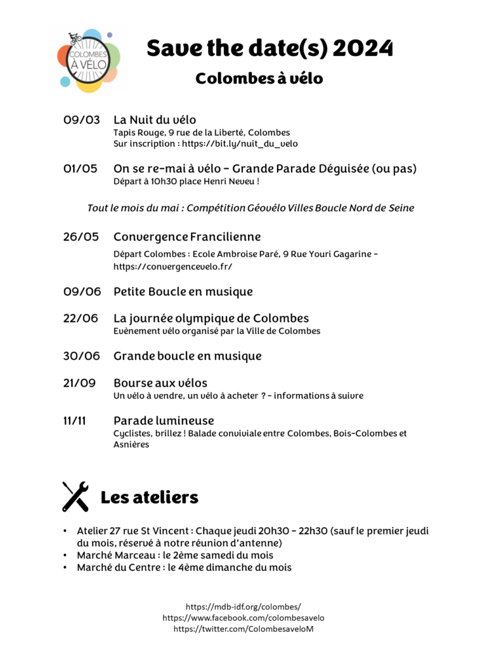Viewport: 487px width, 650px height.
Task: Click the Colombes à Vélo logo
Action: [88, 58]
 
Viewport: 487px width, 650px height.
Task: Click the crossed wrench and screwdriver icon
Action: [75, 496]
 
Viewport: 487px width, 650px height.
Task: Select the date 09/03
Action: [81, 120]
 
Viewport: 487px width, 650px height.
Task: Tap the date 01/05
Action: [81, 169]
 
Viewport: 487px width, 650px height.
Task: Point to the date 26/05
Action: [81, 237]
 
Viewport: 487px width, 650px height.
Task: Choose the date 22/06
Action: [81, 318]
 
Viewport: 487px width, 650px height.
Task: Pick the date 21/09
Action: [80, 383]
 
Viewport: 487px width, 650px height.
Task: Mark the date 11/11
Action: [75, 420]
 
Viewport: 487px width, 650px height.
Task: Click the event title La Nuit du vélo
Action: [155, 120]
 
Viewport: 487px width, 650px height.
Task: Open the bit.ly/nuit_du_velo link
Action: [240, 144]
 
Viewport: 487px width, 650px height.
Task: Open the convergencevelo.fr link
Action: [172, 267]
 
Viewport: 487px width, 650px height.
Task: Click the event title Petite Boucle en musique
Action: [183, 292]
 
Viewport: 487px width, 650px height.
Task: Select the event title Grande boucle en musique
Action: [187, 356]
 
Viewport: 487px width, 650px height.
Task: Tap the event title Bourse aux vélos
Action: [160, 383]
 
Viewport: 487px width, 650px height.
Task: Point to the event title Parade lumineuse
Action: [164, 420]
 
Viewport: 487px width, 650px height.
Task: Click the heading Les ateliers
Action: [150, 497]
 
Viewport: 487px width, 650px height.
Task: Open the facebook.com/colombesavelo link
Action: [243, 618]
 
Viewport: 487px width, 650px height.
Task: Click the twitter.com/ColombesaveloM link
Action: [243, 629]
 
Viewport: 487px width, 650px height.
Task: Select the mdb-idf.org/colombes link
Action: [243, 606]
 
